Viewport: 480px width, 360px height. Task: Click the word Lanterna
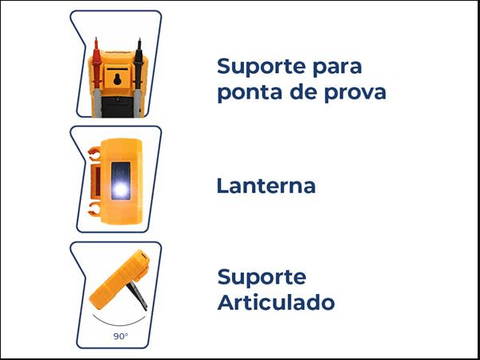click(266, 185)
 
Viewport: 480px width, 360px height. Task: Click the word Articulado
click(276, 302)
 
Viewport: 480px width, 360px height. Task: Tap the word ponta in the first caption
click(250, 92)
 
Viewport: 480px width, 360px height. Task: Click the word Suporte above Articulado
click(261, 277)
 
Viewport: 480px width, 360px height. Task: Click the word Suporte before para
click(261, 67)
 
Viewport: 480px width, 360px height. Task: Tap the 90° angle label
click(120, 336)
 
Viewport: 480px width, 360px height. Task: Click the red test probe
click(97, 76)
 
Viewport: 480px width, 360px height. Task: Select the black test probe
click(138, 76)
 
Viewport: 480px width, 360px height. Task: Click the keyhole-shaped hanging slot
click(118, 79)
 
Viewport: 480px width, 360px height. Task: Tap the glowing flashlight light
click(120, 190)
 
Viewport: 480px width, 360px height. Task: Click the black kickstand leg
click(137, 296)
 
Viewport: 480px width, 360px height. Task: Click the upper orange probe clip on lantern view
click(94, 153)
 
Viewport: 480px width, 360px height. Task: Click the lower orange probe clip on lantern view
click(94, 208)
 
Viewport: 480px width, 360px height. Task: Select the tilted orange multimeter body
click(119, 279)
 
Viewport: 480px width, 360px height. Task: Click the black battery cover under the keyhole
click(118, 106)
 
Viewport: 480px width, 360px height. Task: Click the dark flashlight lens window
click(121, 181)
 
